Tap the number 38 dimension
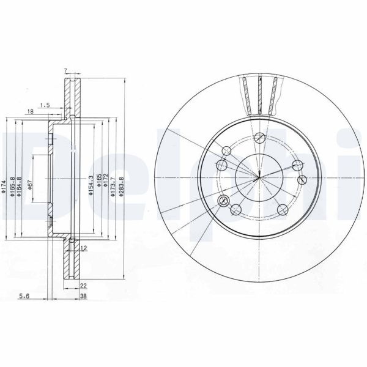tap(84, 295)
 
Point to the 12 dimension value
tap(84, 248)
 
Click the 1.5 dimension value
tap(45, 105)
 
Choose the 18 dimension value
tap(30, 111)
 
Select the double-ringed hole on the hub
tap(221, 165)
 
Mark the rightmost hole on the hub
tap(302, 179)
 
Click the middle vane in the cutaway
tap(261, 95)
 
